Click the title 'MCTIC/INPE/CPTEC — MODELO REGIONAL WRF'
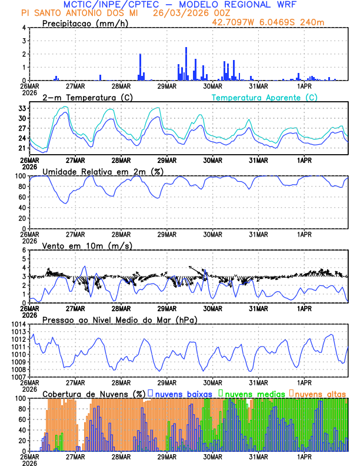180,5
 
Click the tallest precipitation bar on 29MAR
186,64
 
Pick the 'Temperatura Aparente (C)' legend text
265,97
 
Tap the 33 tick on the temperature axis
22,108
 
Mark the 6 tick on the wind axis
24,251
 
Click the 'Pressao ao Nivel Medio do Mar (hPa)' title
119,319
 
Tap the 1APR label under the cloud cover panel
304,456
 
